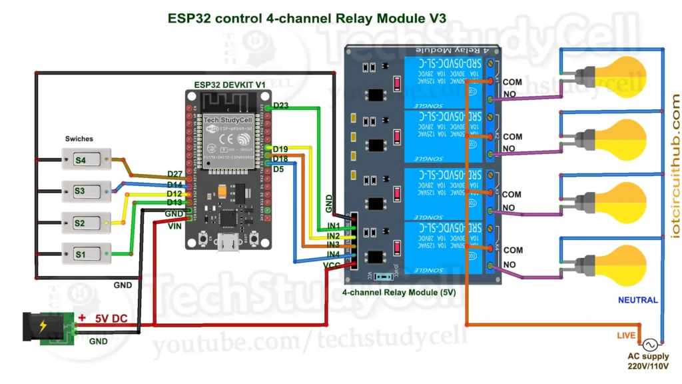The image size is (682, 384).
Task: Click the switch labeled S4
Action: click(86, 160)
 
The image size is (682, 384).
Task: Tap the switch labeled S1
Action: click(86, 253)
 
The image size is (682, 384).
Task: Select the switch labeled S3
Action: click(86, 191)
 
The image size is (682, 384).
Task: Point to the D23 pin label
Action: click(280, 105)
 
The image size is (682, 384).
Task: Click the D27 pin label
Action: click(174, 175)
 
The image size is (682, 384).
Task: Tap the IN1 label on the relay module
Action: click(333, 227)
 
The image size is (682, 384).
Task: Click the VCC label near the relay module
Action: click(332, 265)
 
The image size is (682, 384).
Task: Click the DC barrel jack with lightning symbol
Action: click(43, 327)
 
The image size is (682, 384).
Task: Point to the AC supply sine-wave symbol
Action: click(649, 345)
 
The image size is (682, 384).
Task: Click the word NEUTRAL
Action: click(637, 300)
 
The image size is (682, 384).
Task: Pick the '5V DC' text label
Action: click(110, 319)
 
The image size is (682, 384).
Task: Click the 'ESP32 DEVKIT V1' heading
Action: click(229, 84)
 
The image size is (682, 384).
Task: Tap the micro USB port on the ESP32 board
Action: click(228, 244)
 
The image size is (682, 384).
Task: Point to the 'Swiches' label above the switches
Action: click(79, 139)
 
